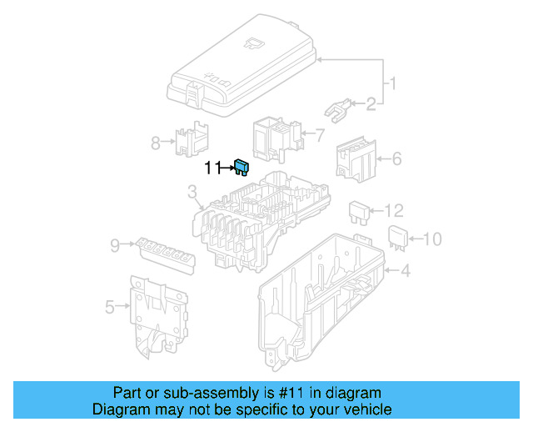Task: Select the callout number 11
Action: coord(212,168)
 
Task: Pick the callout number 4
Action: coord(406,270)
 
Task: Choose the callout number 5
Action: coord(110,307)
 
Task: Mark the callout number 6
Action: coord(396,157)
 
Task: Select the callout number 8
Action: coord(156,143)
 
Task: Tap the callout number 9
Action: coord(115,244)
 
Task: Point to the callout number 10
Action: coord(431,240)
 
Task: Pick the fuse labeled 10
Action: coord(397,238)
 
